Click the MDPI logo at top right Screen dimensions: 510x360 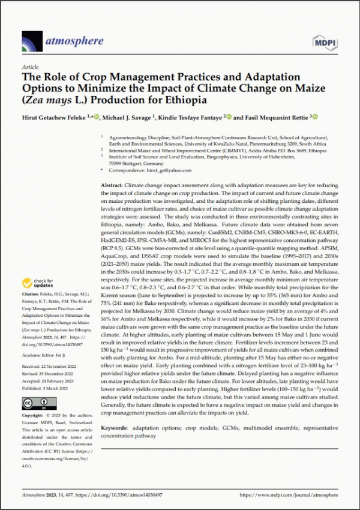pos(324,43)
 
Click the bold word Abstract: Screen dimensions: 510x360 pos(114,187)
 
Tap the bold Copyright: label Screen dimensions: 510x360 pos(34,416)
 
